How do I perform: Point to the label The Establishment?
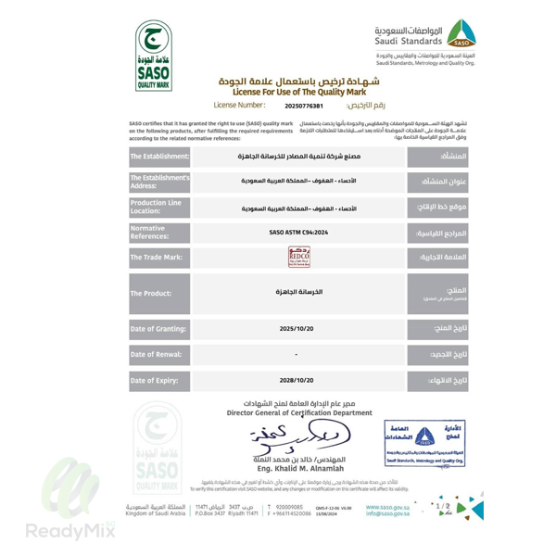pyautogui.click(x=159, y=157)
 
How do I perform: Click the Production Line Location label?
pyautogui.click(x=159, y=207)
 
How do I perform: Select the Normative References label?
pyautogui.click(x=159, y=232)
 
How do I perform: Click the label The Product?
pyautogui.click(x=159, y=293)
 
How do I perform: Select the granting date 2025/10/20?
pyautogui.click(x=298, y=329)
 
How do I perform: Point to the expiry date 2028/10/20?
pyautogui.click(x=298, y=380)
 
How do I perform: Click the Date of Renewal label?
pyautogui.click(x=159, y=355)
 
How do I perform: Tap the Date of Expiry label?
pyautogui.click(x=159, y=380)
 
